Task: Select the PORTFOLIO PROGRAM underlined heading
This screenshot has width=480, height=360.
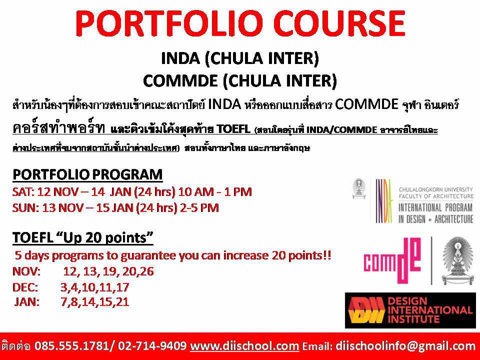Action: (x=87, y=174)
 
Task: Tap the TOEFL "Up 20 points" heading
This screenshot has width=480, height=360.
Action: (x=82, y=237)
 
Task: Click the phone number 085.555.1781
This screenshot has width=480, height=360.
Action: (x=71, y=346)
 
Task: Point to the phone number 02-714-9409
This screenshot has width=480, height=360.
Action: (x=152, y=346)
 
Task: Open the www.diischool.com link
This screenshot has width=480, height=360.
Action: (x=244, y=346)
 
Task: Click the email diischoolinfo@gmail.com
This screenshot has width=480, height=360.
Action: (x=405, y=346)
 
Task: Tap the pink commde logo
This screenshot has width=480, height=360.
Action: (x=392, y=260)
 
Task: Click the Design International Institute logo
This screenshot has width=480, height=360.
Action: (x=410, y=310)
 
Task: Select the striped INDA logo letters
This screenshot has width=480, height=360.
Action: (x=384, y=201)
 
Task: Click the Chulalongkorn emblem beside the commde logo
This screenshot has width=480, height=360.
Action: (x=457, y=261)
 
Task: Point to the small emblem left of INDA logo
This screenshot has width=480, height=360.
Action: (x=359, y=189)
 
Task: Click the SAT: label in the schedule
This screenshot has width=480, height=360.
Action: (x=23, y=192)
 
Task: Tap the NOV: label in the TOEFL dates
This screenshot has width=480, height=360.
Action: (x=26, y=271)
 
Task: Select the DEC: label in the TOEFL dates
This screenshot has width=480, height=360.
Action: (x=25, y=287)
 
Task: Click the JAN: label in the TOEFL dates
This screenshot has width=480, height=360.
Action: (x=27, y=302)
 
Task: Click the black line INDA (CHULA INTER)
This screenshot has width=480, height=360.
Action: (x=240, y=58)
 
